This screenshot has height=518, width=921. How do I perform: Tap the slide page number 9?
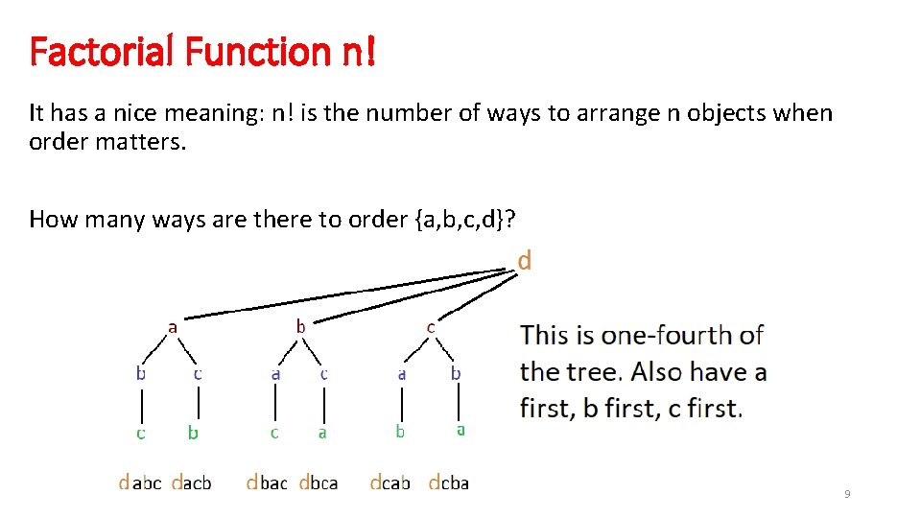coord(846,494)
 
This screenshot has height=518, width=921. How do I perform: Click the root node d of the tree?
coord(525,261)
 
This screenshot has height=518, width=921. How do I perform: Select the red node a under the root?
coord(173,327)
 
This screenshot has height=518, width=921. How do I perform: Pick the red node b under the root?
coord(300,327)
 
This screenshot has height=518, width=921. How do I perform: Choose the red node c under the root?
coord(431,327)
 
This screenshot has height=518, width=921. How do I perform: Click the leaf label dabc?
coord(140,483)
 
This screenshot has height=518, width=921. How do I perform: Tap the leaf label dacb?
coord(191,483)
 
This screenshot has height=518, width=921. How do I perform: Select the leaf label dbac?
coord(267,483)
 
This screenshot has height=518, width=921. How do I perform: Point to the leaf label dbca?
coord(319,483)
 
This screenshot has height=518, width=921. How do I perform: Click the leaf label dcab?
coord(390,483)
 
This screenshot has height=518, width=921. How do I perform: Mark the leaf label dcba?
coord(448,483)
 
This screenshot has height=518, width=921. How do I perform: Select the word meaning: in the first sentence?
coord(213,113)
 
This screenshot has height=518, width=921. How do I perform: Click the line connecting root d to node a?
coord(345,294)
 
